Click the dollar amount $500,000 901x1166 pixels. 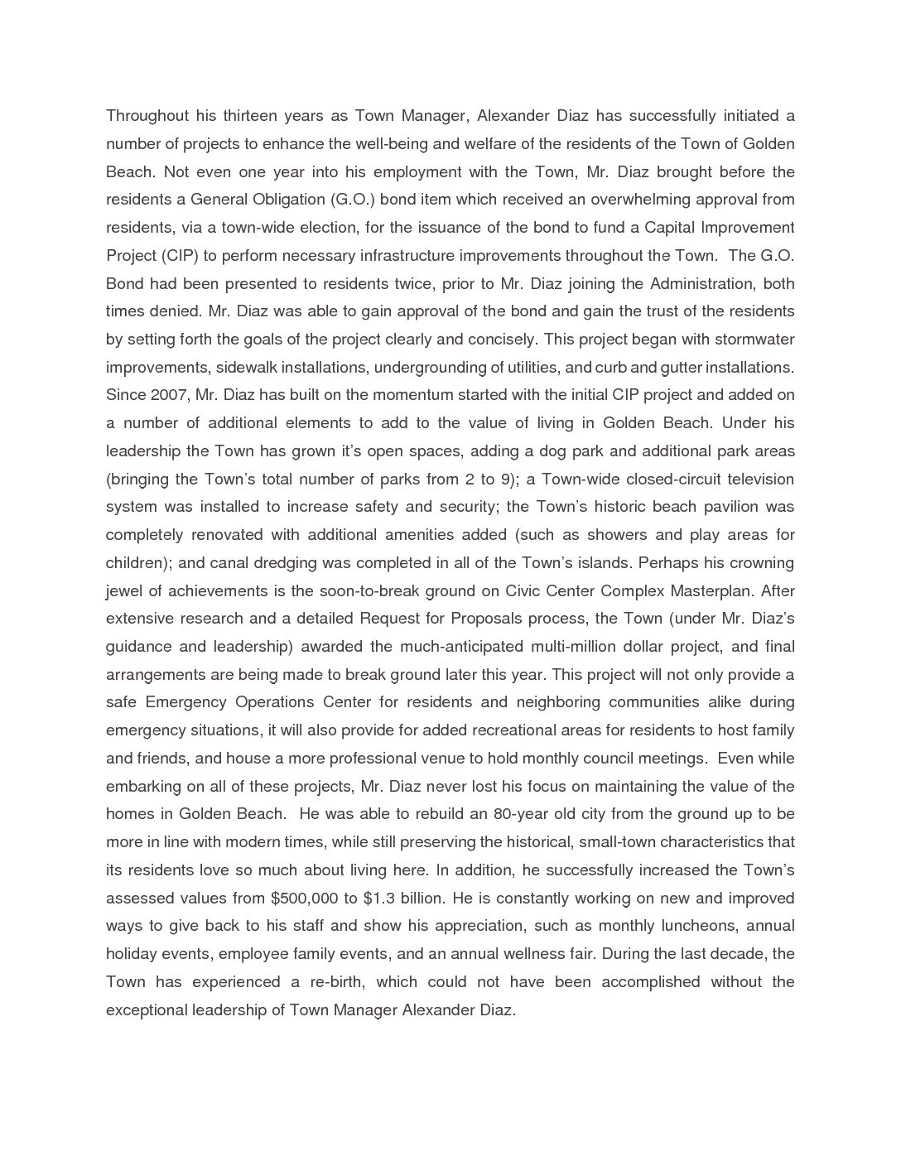304,899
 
